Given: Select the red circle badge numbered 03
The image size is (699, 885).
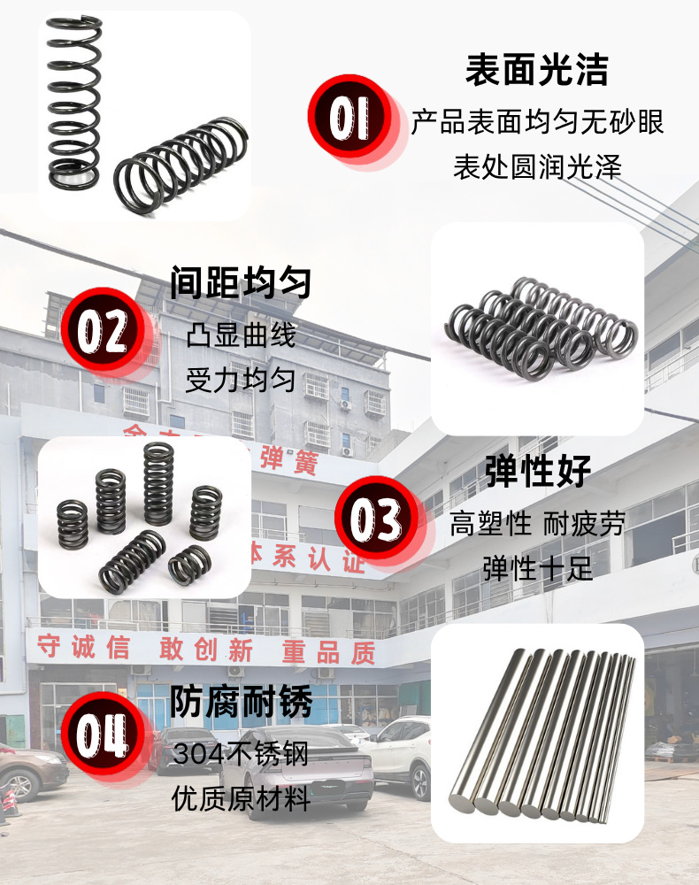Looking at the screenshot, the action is click(x=377, y=519).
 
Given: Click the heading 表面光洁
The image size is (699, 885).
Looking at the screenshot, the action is click(x=537, y=70).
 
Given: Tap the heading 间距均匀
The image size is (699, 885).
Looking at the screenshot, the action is click(x=241, y=284).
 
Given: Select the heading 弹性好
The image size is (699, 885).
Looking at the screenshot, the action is click(x=537, y=472).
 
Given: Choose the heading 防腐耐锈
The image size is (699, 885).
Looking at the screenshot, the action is click(x=241, y=703).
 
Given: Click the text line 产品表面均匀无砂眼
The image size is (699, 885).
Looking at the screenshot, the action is click(x=537, y=122).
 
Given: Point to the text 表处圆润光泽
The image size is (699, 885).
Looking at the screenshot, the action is click(x=537, y=166).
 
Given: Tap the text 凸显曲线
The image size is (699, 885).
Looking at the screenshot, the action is click(x=241, y=336).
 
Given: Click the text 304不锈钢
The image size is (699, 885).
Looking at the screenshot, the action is click(x=241, y=755).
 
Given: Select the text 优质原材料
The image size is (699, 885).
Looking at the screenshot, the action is click(x=241, y=801).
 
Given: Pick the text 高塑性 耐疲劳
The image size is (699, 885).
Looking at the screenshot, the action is click(x=537, y=524).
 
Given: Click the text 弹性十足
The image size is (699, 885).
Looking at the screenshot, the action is click(x=537, y=568).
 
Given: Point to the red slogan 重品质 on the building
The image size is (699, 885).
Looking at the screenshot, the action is click(x=328, y=653).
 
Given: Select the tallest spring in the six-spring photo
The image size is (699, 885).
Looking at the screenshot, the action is click(x=158, y=482).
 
